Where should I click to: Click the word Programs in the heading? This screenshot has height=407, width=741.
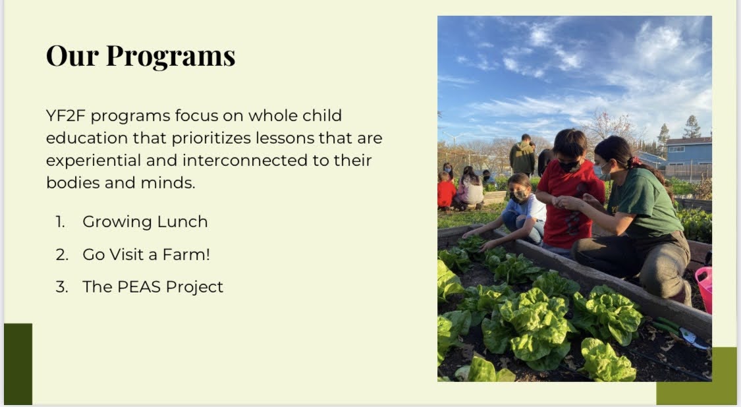coord(171,57)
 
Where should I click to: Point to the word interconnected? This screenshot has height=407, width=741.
coord(245,160)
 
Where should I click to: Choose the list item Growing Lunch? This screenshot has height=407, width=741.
coord(145,222)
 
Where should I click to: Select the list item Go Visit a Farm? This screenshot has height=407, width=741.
coord(146,254)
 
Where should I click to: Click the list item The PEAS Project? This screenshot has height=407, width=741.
coord(153,287)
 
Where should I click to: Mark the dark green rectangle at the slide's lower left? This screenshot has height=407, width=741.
coord(18,364)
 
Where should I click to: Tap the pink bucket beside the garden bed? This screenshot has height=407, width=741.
coord(705,289)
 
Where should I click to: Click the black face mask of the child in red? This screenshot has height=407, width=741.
coord(568,166)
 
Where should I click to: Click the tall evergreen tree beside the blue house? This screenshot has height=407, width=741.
coord(692,126)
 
